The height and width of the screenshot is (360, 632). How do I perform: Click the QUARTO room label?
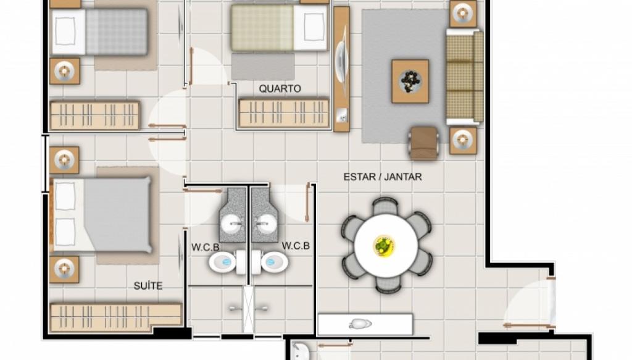pos(280,89)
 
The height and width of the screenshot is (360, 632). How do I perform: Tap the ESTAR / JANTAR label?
pos(383,177)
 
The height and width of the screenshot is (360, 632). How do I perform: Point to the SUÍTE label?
pos(148,286)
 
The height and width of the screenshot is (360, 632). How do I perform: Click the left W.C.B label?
pos(205,247)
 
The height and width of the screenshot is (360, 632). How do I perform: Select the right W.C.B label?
pos(296,246)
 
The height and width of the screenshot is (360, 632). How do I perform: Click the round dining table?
pos(386,246)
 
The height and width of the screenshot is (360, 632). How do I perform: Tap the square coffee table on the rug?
pos(410,82)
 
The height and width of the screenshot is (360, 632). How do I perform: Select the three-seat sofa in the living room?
pos(464,77)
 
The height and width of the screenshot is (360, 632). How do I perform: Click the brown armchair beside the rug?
pos(423,143)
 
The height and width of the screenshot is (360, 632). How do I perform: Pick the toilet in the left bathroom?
pos(225,262)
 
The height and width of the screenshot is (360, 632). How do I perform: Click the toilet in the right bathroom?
pos(272,262)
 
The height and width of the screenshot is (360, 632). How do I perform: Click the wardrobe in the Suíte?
pos(115,317)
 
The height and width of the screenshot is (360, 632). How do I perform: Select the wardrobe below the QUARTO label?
pos(284,113)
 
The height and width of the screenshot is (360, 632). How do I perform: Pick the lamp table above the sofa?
pos(463,14)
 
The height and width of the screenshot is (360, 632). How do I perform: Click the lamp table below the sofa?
pos(463,140)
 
